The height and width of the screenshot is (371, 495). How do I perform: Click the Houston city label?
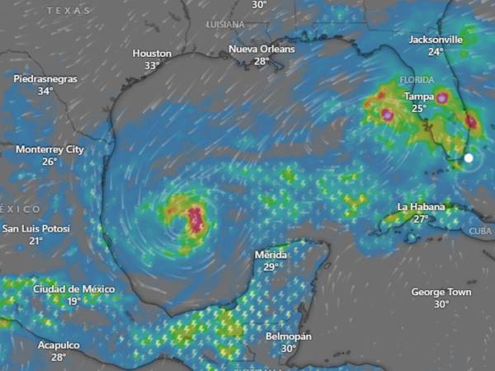152,54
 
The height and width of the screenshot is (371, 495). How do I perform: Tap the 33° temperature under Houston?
152,66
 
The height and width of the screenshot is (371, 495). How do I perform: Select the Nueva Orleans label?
262,49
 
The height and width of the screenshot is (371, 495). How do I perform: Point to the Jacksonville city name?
436,39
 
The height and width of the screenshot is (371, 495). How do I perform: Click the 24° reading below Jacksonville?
436,51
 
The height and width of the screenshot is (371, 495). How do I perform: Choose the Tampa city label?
419,96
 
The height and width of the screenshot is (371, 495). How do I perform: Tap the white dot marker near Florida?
469,157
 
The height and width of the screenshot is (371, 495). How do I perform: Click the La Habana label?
421,207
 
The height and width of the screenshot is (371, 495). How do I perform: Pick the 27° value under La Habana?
421,219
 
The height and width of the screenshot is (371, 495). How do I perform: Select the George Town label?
441,292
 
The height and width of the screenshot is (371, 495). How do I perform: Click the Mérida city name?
271,255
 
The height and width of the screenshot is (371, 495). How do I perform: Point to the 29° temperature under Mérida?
271,267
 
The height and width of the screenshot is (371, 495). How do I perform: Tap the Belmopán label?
288,336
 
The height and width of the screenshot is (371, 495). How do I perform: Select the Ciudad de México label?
74,289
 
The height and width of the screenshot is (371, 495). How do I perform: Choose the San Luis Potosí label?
36,228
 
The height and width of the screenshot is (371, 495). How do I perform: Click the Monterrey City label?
50,149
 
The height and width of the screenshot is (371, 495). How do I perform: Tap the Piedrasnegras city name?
45,78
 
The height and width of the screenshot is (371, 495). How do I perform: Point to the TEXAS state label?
68,11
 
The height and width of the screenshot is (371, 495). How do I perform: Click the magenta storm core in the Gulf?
196,219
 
